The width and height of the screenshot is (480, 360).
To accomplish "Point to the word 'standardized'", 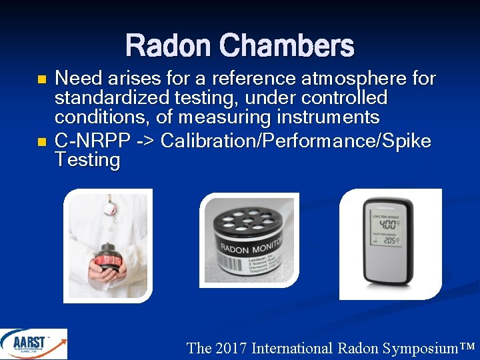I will point(107,99).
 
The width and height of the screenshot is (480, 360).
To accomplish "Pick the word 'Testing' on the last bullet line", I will point(87,161).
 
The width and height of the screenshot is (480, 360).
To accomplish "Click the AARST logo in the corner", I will point(33,344).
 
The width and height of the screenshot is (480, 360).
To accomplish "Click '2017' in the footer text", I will point(231,348).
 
